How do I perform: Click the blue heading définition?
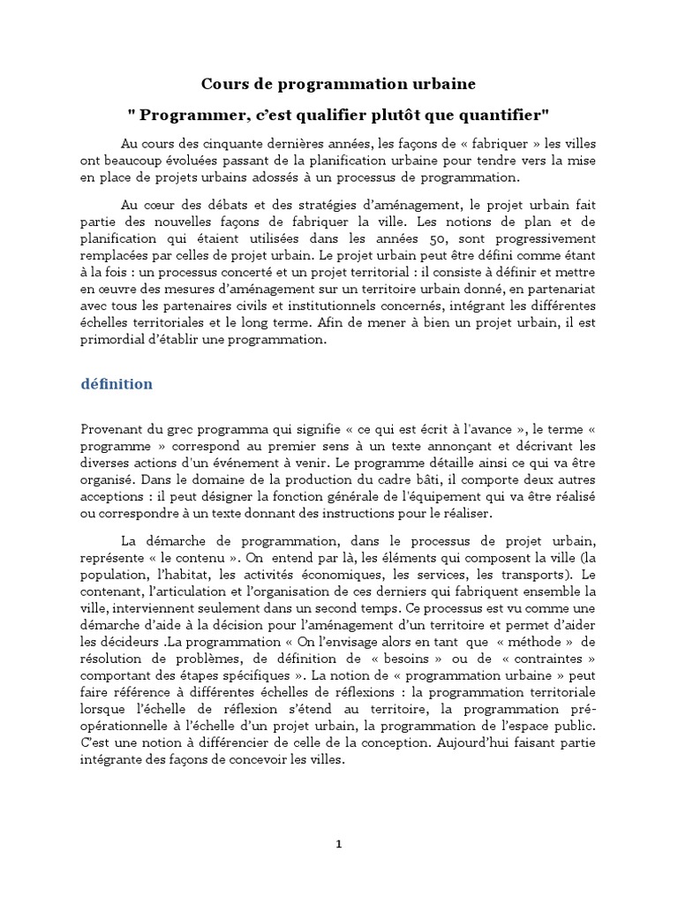coord(117,384)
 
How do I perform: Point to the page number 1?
coord(339,844)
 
